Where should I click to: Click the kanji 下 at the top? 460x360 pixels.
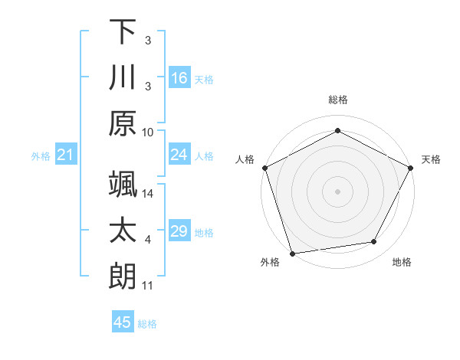(123, 32)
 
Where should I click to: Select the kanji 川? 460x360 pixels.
(123, 77)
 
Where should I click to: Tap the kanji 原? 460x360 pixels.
(123, 123)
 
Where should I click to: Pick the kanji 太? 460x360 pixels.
(123, 230)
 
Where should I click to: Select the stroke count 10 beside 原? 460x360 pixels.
(148, 132)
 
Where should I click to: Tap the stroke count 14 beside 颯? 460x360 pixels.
(148, 194)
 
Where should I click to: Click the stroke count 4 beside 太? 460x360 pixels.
(148, 240)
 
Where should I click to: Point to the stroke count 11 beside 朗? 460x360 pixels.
(148, 286)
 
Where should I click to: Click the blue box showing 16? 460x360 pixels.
(179, 77)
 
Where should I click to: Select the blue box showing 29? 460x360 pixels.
(179, 231)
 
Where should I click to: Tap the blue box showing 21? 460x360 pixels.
(66, 155)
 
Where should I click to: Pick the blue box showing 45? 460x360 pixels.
(123, 322)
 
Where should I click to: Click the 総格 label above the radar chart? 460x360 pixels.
(337, 100)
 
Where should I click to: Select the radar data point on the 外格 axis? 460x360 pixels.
(292, 253)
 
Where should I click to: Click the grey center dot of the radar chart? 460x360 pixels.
(337, 191)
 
